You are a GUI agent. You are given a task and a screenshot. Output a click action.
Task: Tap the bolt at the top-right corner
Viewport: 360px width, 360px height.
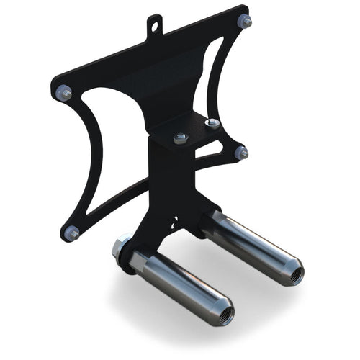245,22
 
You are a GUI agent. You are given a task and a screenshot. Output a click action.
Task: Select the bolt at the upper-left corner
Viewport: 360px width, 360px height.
65,92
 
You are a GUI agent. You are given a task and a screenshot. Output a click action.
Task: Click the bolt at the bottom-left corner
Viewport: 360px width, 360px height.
71,233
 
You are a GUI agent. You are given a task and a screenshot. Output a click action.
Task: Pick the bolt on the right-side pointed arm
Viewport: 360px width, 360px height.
241,153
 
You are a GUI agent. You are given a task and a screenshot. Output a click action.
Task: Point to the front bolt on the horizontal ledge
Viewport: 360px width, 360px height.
180,137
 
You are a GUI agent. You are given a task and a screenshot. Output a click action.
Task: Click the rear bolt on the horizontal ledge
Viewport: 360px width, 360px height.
212,124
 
